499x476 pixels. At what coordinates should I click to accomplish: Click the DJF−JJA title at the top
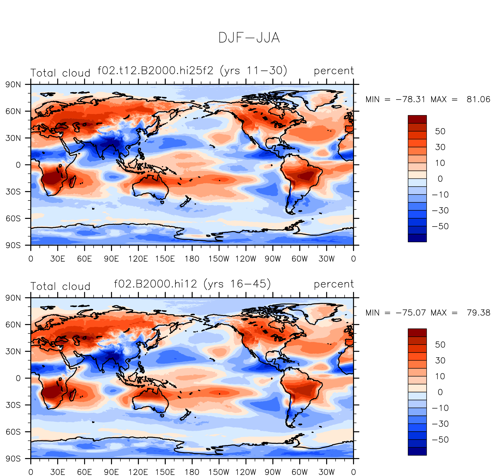point(249,38)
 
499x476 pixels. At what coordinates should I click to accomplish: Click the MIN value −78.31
point(410,99)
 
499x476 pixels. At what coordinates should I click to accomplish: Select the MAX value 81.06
point(478,99)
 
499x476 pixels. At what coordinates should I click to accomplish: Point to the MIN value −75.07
point(410,313)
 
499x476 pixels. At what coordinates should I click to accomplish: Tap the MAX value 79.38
point(478,313)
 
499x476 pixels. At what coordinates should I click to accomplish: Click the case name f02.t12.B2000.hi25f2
point(156,70)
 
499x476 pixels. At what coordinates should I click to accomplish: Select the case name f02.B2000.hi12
point(156,284)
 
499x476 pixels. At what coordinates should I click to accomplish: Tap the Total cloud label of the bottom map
point(60,286)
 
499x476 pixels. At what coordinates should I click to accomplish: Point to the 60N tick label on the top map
point(13,111)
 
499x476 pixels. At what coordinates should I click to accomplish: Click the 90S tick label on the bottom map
point(13,459)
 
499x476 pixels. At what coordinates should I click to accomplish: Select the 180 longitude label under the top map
point(192,259)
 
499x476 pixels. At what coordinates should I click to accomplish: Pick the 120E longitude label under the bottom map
point(138,472)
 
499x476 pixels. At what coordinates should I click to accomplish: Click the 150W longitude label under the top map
point(219,259)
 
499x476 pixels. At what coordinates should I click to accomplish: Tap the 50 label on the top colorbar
point(440,131)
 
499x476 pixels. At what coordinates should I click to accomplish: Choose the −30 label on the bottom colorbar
point(440,424)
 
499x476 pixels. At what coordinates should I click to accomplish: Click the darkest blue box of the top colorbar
point(417,238)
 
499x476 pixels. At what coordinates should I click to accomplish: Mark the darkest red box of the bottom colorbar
point(417,333)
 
